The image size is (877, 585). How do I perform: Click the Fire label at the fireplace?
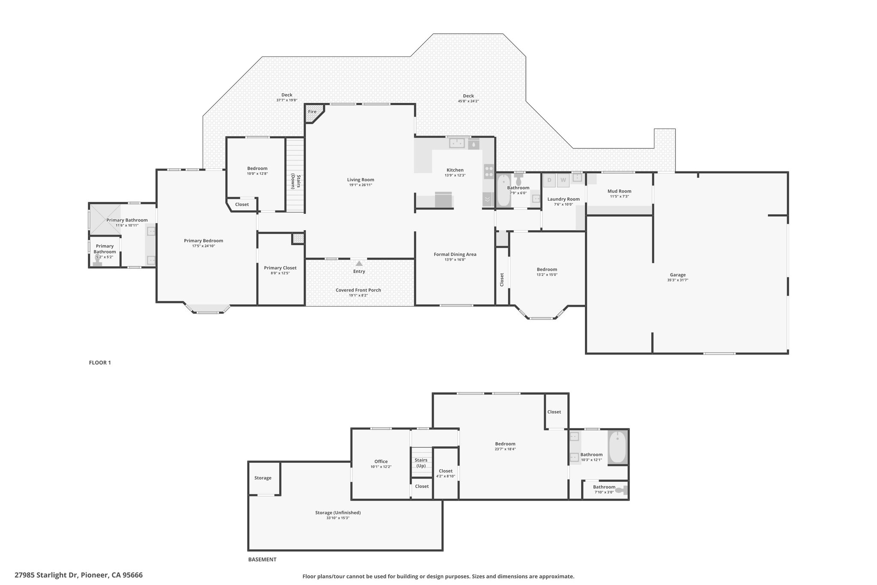pyautogui.click(x=312, y=112)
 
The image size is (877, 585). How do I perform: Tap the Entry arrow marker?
pyautogui.click(x=359, y=263)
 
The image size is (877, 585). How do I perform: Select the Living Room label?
pyautogui.click(x=361, y=180)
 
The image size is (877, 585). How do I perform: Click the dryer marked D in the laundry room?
pyautogui.click(x=549, y=180)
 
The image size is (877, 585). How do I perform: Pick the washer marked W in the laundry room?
pyautogui.click(x=563, y=180)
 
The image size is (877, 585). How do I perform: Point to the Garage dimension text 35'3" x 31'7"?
pyautogui.click(x=677, y=280)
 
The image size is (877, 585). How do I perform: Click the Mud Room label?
pyautogui.click(x=619, y=191)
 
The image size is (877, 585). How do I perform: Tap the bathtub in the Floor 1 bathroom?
pyautogui.click(x=503, y=191)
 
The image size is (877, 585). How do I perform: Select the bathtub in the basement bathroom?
pyautogui.click(x=617, y=448)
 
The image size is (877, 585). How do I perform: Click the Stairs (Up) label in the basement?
pyautogui.click(x=421, y=463)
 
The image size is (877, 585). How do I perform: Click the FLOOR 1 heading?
pyautogui.click(x=100, y=363)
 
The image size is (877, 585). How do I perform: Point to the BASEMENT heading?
pyautogui.click(x=263, y=559)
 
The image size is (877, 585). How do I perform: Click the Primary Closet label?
pyautogui.click(x=280, y=268)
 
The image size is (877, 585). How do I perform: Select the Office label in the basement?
pyautogui.click(x=381, y=462)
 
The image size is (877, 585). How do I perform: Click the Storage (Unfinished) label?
pyautogui.click(x=338, y=513)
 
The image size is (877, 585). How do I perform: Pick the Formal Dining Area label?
pyautogui.click(x=455, y=254)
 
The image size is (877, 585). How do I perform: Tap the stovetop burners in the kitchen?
pyautogui.click(x=489, y=171)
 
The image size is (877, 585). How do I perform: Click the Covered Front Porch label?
pyautogui.click(x=358, y=290)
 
